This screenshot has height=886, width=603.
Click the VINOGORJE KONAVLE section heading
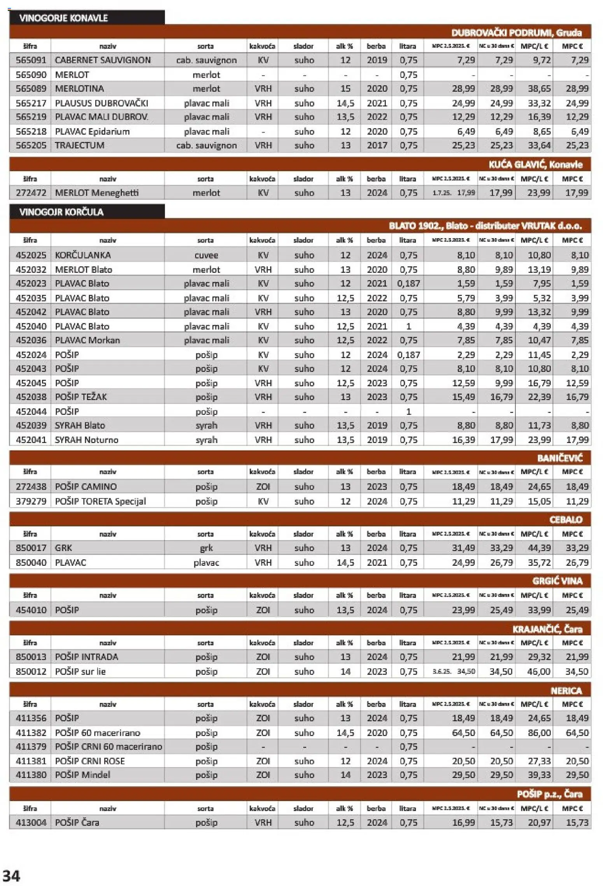point(64,18)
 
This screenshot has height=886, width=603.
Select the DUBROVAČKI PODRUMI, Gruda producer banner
point(516,33)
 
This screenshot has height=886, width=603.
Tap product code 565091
point(31,60)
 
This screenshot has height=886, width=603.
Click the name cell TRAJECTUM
point(79,145)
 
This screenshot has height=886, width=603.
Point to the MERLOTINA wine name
point(79,89)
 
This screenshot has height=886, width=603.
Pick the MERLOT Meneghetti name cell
point(96,193)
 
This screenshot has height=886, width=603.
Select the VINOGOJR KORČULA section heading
point(61,212)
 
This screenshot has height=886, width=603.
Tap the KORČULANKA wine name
point(83,255)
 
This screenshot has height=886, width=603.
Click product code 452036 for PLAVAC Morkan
point(31,340)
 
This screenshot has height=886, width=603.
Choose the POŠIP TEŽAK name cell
point(81,397)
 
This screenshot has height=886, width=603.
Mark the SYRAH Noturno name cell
point(86,440)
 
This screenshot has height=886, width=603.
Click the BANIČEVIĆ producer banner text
point(559,459)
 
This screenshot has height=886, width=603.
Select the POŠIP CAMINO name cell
point(86,487)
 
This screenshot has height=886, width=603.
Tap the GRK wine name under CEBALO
point(63,548)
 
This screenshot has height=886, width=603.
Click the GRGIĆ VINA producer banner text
point(557,581)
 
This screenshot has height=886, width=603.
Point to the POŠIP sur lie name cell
point(80,671)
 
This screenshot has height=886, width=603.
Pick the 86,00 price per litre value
point(539,733)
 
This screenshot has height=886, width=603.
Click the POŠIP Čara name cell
point(77,823)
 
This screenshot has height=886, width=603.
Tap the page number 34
point(11,876)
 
